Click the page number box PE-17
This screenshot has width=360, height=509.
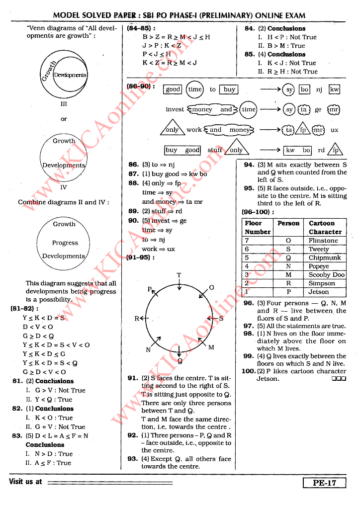pos(324,483)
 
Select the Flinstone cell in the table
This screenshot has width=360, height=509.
pos(323,241)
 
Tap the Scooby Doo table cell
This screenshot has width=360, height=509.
pos(326,275)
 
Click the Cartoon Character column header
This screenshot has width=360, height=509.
pos(325,228)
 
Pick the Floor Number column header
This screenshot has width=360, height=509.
pos(258,228)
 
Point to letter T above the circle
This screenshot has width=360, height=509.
pos(179,275)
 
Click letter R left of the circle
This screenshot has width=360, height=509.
pos(137,318)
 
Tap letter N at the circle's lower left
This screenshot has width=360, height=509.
pos(148,349)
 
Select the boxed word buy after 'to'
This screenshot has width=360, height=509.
pos(229,89)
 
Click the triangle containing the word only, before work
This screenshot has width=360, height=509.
pos(172,129)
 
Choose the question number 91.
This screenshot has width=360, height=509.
pos(133,378)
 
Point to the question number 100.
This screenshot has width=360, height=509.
pos(248,371)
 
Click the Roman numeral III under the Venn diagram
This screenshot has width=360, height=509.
pos(64,104)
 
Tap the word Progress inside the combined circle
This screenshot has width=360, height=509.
pos(65,243)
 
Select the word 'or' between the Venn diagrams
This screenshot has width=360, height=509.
pos(64,119)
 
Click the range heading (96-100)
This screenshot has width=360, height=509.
pos(258,212)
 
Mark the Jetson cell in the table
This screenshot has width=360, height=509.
pos(319,292)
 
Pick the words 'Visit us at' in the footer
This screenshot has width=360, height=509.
pos(25,482)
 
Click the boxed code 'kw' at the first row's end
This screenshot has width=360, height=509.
pos(334,89)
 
